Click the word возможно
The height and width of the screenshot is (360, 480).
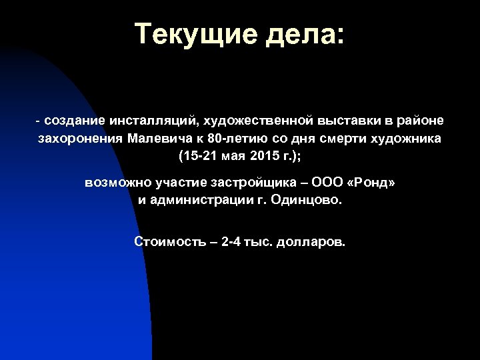pos(113,182)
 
